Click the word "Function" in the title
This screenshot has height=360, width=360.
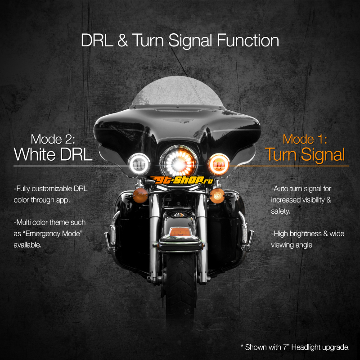pyautogui.click(x=248, y=40)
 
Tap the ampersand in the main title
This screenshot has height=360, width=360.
pyautogui.click(x=122, y=40)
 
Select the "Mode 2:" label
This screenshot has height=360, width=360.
pyautogui.click(x=53, y=139)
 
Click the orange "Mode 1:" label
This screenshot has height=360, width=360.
pyautogui.click(x=305, y=139)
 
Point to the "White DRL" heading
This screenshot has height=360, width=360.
pyautogui.click(x=53, y=154)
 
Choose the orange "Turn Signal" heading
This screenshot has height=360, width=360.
pyautogui.click(x=305, y=155)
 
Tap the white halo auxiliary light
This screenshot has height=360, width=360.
pyautogui.click(x=139, y=164)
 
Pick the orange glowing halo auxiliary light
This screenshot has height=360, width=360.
pyautogui.click(x=219, y=164)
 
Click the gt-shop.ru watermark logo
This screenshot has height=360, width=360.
pyautogui.click(x=182, y=180)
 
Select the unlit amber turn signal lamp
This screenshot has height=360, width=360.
pyautogui.click(x=140, y=196)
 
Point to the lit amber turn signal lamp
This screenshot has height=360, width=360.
pyautogui.click(x=217, y=196)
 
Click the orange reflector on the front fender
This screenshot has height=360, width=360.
pyautogui.click(x=180, y=232)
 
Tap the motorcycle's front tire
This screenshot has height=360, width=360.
pyautogui.click(x=180, y=287)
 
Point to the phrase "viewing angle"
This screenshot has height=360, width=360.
pyautogui.click(x=292, y=245)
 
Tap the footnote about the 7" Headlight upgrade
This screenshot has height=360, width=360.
pyautogui.click(x=295, y=347)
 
